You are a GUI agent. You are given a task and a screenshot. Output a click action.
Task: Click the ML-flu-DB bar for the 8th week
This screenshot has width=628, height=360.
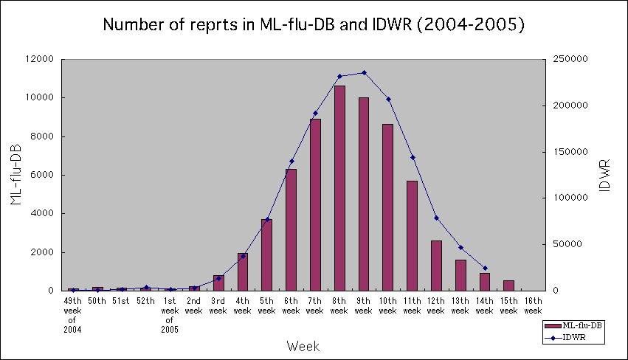[x=339, y=188]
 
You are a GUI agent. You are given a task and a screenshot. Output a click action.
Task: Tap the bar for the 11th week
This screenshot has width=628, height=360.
[x=412, y=235]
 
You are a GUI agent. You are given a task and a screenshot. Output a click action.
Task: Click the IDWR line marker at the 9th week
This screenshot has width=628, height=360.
[x=364, y=72]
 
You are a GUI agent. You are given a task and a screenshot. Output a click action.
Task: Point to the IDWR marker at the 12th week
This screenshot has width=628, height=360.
[x=436, y=218]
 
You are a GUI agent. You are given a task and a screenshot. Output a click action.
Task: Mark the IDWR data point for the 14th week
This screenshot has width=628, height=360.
[x=485, y=268]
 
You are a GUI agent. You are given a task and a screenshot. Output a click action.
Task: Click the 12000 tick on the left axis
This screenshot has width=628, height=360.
[x=43, y=59]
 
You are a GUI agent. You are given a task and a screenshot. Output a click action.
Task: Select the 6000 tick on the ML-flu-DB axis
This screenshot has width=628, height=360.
[x=46, y=175]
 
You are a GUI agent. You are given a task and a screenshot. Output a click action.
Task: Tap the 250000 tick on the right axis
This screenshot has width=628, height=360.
[x=567, y=59]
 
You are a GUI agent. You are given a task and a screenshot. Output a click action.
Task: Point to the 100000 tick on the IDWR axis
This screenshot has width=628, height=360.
[x=567, y=198]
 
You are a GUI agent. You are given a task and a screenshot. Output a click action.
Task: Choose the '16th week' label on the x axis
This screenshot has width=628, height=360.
[x=533, y=305]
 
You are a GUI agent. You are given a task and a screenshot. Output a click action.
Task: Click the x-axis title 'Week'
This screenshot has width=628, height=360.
[x=303, y=345]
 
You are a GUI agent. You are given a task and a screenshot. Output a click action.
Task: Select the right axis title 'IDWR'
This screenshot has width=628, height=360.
[x=604, y=175]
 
